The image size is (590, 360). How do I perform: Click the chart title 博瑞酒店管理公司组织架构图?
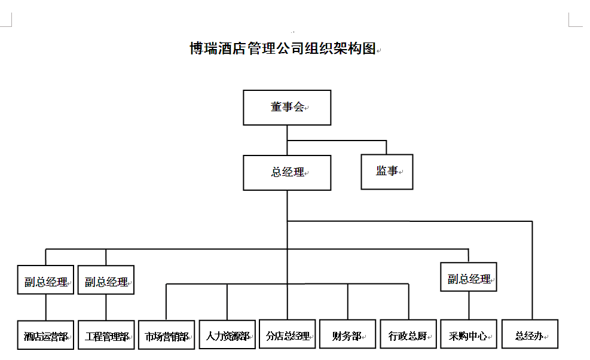tap(283, 48)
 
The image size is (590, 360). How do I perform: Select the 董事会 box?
tap(287, 108)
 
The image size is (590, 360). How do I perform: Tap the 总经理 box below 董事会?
tap(287, 173)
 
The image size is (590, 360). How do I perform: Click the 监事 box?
tap(387, 172)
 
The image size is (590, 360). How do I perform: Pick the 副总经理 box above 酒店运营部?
tap(45, 280)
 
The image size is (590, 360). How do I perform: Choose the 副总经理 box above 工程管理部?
tap(106, 280)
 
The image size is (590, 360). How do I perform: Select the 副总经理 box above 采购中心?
tap(469, 277)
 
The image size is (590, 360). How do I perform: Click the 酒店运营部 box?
tap(45, 335)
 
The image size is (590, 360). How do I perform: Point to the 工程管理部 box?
tap(106, 335)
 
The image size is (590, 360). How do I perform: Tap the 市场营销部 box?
tap(166, 335)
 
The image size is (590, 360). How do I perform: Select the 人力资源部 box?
tap(227, 334)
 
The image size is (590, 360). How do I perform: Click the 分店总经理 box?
tap(287, 334)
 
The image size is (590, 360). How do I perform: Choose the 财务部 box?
tap(348, 334)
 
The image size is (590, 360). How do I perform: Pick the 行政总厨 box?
tap(408, 334)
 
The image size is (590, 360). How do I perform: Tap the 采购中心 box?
tap(469, 334)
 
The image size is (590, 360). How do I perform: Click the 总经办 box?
tap(530, 334)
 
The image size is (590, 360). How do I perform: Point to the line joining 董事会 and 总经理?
tap(287, 140)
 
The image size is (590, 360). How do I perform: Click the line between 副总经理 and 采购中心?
tap(469, 306)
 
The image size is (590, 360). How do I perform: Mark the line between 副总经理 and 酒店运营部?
tap(46, 307)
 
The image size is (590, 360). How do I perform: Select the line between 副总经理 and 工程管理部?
tap(106, 307)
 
